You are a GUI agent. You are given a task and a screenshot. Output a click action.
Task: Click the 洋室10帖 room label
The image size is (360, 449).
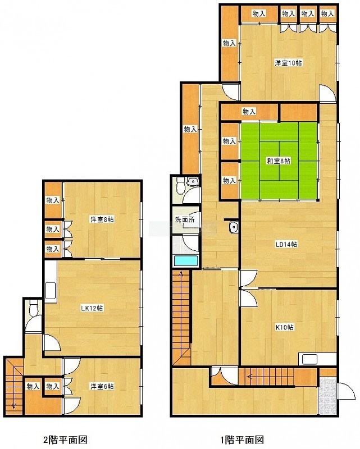pos(288,63)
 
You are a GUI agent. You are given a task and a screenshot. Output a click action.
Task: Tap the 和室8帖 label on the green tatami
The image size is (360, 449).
pos(279,161)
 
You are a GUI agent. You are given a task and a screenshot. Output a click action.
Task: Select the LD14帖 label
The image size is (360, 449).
pos(286,244)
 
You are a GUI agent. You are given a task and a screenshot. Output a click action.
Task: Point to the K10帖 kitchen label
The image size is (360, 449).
pos(284,327)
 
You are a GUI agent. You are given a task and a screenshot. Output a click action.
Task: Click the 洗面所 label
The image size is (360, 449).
pos(185,219)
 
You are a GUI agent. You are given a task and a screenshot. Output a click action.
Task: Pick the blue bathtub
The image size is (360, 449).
pos(186,261)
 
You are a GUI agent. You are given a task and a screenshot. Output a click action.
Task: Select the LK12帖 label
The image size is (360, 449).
pos(92,308)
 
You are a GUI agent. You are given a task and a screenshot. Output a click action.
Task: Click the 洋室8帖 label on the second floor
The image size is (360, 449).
pos(102,219)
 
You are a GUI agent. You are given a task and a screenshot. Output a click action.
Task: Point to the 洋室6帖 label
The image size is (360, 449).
pos(102,386)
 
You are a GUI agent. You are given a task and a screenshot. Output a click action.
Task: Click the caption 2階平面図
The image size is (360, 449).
pos(65,439)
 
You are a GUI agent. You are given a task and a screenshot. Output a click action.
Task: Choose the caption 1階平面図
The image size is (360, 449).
pos(242,439)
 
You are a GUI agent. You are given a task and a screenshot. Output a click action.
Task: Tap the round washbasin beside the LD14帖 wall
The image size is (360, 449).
pos(234,228)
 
